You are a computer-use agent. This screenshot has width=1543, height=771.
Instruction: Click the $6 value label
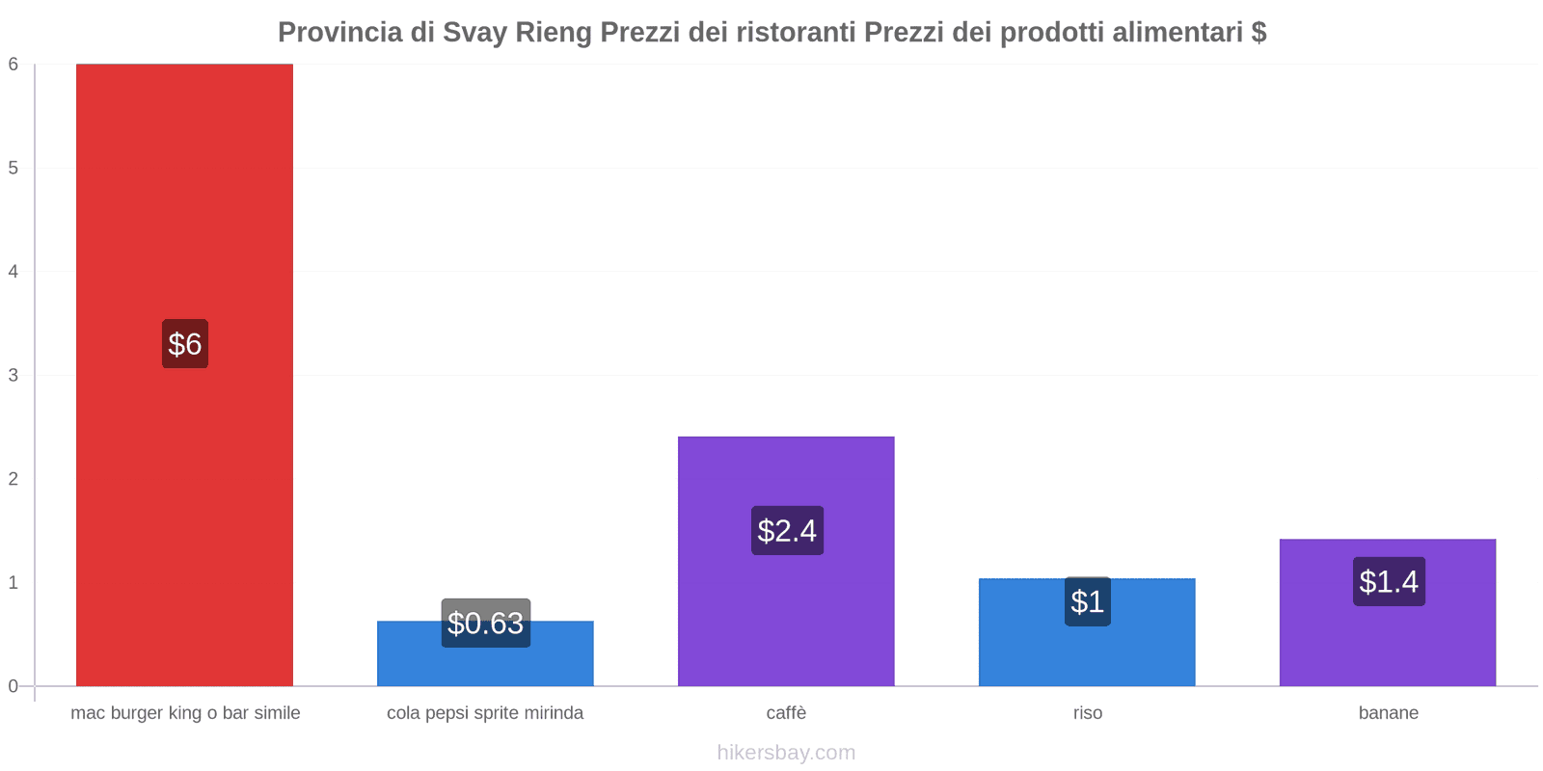click(x=184, y=344)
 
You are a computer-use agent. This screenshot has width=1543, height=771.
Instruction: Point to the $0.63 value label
click(x=485, y=624)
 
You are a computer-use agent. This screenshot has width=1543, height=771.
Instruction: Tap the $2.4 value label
click(x=787, y=530)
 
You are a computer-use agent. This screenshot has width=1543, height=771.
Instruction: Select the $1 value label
click(x=1087, y=601)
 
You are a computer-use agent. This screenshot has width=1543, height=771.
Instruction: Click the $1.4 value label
click(x=1388, y=581)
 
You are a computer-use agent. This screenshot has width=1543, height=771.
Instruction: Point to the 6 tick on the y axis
click(x=14, y=65)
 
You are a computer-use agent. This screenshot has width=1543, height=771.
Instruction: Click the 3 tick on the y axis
click(x=14, y=375)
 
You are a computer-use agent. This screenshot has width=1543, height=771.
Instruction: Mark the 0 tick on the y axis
click(x=14, y=686)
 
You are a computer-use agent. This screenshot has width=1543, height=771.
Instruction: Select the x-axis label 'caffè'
click(x=786, y=713)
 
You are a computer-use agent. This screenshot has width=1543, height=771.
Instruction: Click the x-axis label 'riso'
click(x=1087, y=713)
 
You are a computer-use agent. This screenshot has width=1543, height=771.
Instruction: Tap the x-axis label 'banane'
click(x=1388, y=713)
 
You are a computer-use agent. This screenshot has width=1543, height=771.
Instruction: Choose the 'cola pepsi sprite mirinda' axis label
click(x=485, y=713)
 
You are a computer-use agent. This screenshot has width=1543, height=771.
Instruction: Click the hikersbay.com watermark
click(x=786, y=753)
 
